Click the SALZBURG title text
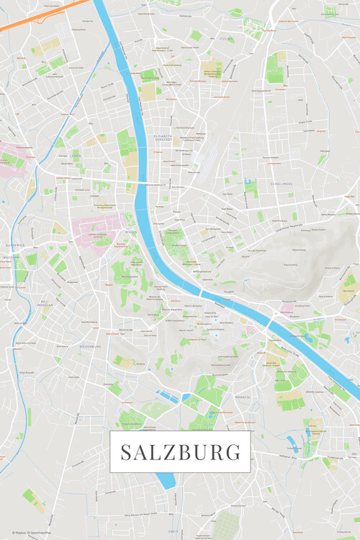pos(180,452)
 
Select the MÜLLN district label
pos(131,233)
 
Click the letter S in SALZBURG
pos(125,452)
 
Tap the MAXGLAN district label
pos(11,257)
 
